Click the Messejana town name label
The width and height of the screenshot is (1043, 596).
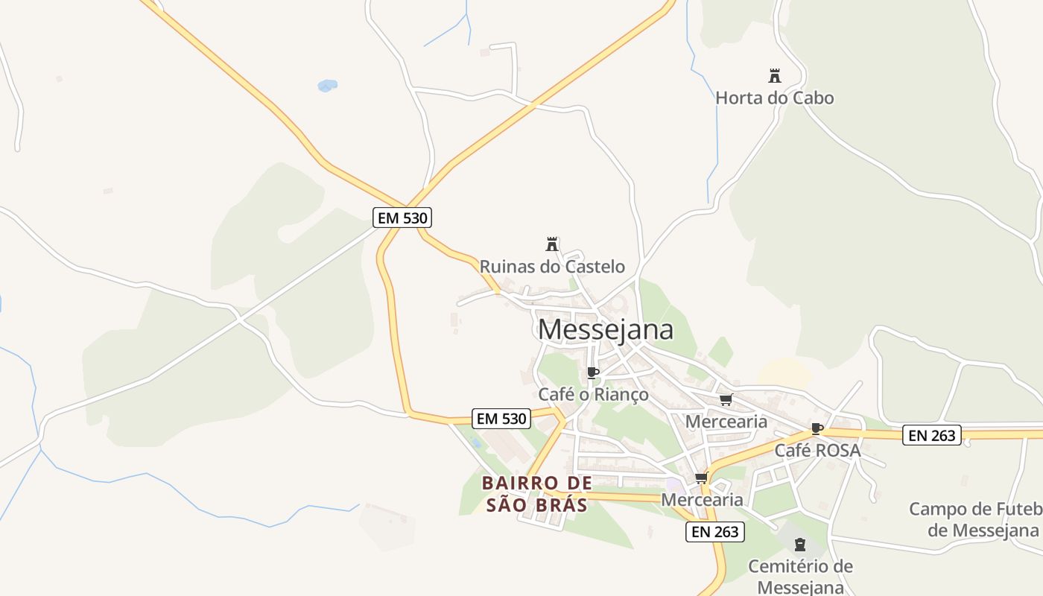point(605,329)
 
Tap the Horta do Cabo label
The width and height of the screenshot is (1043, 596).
point(774,98)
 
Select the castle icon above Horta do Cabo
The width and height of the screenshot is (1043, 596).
point(775,75)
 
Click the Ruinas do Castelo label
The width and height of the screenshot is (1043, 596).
point(552,266)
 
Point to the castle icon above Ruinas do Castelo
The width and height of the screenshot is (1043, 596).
point(552,244)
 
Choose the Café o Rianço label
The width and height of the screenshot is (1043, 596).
point(593,394)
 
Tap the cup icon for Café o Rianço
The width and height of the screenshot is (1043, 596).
point(593,372)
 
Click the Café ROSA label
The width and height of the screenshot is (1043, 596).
point(817,450)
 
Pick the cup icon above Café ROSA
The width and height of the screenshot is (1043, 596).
point(817,428)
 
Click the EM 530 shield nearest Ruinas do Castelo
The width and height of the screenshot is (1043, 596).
point(402,218)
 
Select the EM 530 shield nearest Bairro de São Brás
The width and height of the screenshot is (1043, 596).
point(502,419)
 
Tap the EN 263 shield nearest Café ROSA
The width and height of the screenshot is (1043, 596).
point(932,435)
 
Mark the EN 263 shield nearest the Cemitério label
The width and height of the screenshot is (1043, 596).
point(715,531)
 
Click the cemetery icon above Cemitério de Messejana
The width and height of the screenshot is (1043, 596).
point(800,545)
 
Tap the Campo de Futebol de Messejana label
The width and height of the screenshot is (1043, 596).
point(974,519)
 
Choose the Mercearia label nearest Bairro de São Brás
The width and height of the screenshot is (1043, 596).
point(702,499)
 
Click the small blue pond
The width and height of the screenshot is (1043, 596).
point(327,86)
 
